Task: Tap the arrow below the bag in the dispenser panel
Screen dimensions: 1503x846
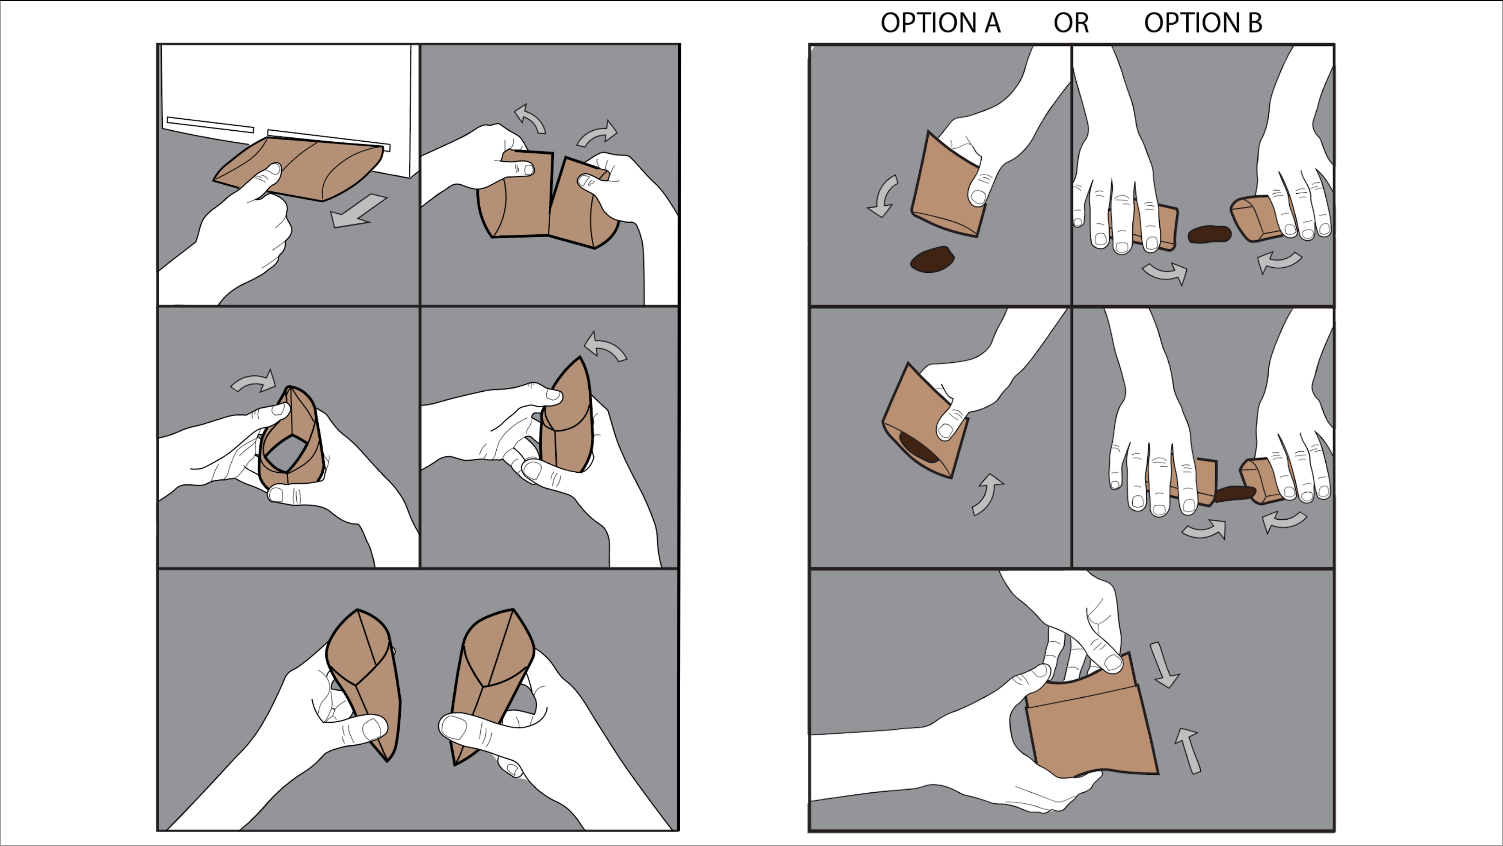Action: (357, 212)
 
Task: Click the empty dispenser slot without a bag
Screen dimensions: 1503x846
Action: (211, 125)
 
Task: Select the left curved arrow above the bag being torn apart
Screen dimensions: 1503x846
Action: (530, 119)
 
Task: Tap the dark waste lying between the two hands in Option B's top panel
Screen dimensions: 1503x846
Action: (1209, 234)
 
